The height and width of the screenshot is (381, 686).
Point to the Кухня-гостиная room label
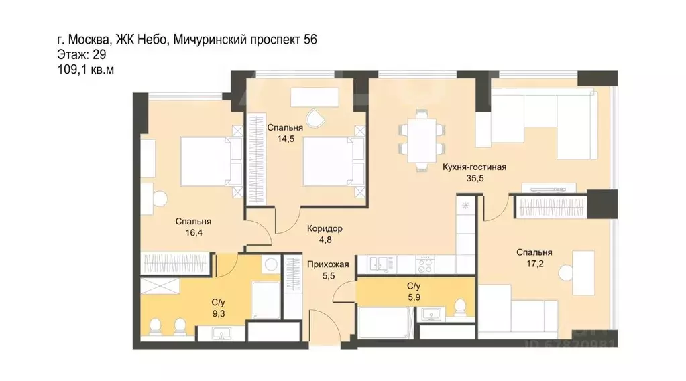[x=475, y=167]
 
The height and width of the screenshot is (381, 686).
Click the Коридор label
[x=325, y=228]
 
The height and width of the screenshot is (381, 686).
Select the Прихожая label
[x=329, y=264]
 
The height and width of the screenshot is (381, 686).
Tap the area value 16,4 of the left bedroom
[x=193, y=234]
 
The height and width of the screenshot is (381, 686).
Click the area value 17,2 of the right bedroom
[x=534, y=265]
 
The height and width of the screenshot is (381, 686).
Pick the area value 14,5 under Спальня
[x=285, y=139]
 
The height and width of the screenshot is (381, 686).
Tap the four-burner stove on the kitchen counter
[x=427, y=265]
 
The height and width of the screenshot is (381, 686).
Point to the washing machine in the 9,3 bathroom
[x=270, y=265]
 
